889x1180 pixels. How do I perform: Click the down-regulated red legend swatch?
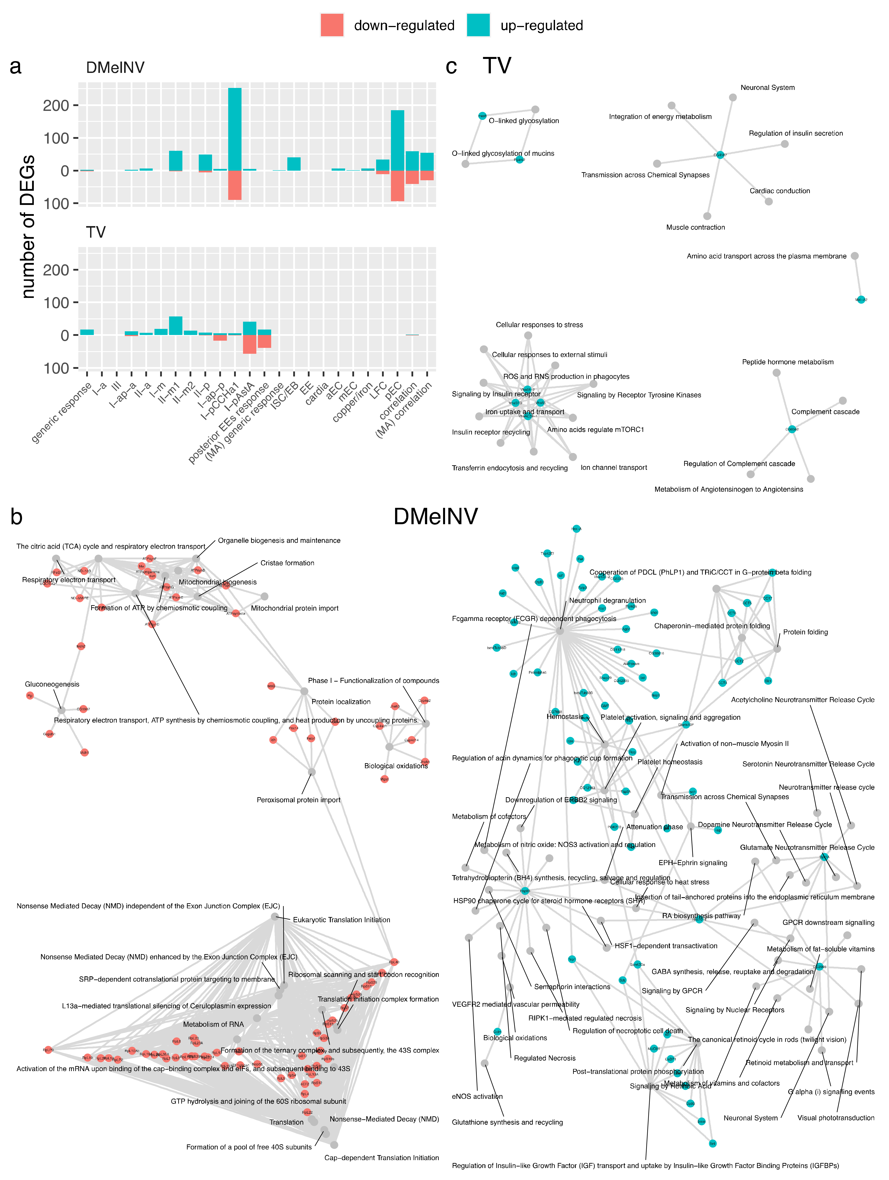coord(332,25)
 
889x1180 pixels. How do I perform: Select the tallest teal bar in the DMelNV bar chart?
coord(235,129)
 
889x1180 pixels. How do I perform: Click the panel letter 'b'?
coord(16,516)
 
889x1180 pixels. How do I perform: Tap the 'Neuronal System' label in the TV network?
coord(767,88)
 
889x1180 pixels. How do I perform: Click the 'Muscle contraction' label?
coord(695,227)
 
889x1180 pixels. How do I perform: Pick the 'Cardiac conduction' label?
coord(780,191)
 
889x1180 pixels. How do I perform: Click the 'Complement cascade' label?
coord(825,412)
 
